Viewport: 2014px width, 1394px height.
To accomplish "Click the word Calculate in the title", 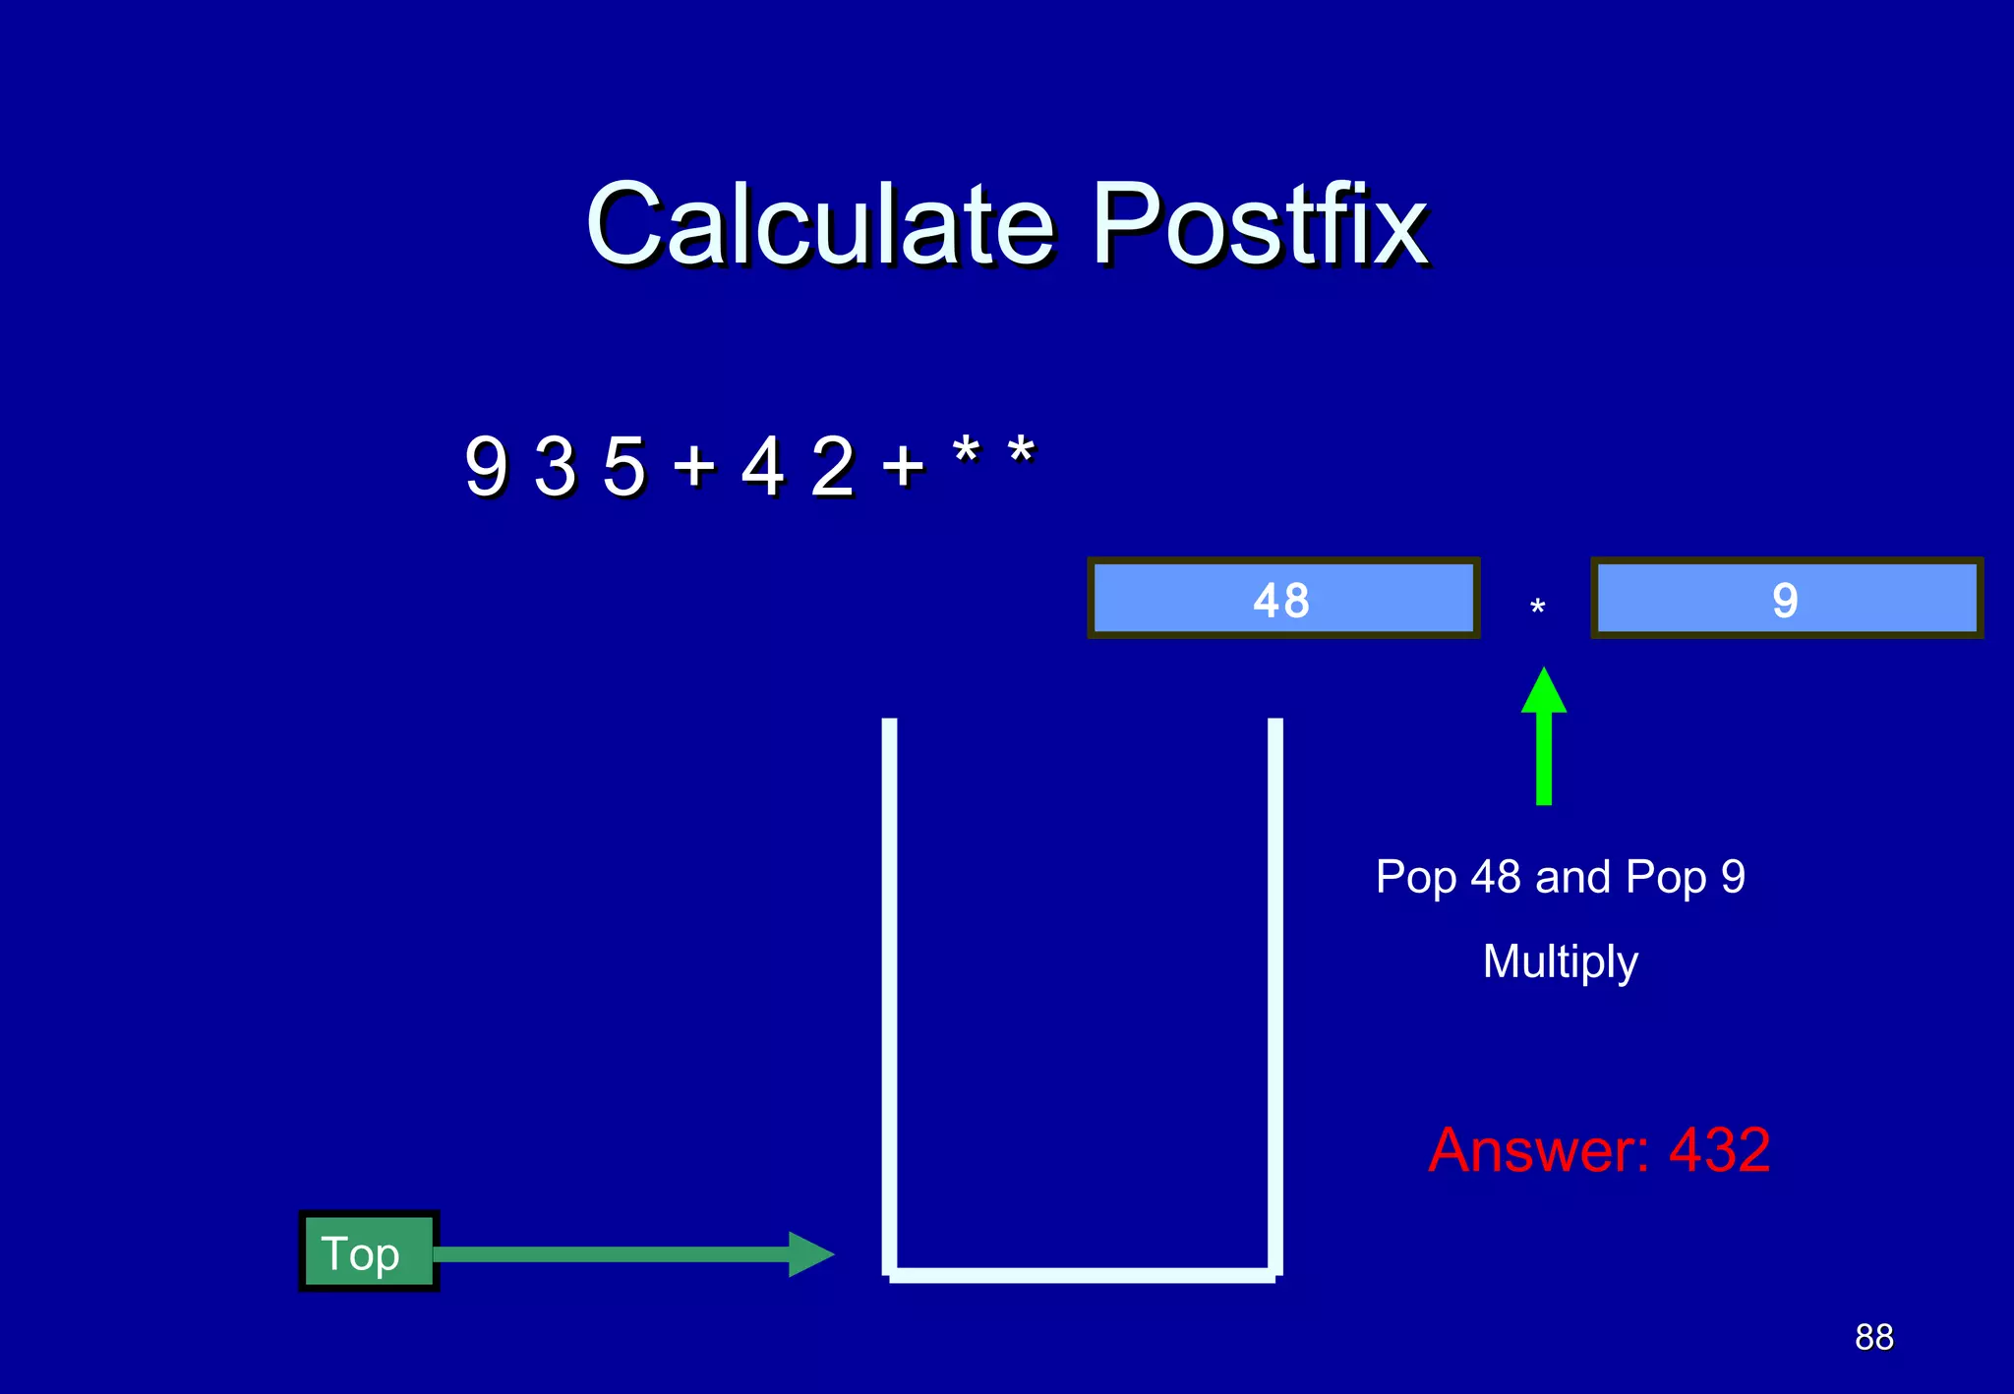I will click(821, 225).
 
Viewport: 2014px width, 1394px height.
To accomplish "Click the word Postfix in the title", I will click(1260, 225).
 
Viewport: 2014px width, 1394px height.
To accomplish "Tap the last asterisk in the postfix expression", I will click(1021, 454).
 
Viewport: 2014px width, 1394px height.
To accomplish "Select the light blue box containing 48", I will click(1282, 599).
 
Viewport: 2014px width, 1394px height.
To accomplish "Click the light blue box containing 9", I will click(1786, 599).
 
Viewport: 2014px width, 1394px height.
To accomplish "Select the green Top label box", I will click(368, 1251).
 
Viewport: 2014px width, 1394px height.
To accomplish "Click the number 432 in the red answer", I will click(1719, 1149).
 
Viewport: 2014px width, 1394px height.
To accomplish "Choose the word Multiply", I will click(1560, 961).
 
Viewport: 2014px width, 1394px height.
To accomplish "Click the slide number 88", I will click(1873, 1337).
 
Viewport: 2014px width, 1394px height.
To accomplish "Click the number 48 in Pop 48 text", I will click(1496, 877).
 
